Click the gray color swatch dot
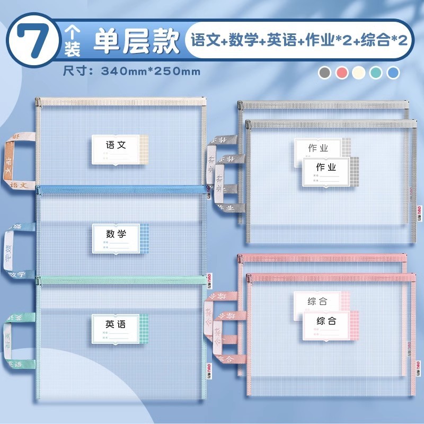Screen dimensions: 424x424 [325, 73]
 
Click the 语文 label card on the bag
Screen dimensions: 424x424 [117, 149]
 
